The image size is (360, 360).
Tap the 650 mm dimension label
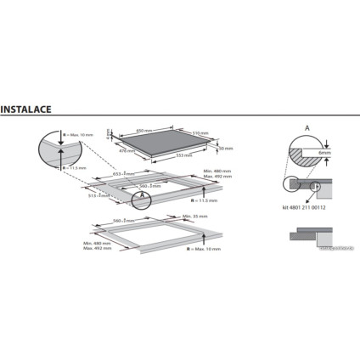click(145, 130)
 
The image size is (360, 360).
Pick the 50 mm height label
click(225, 149)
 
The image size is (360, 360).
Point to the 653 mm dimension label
click(121, 173)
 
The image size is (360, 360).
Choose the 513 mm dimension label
click(103, 194)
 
